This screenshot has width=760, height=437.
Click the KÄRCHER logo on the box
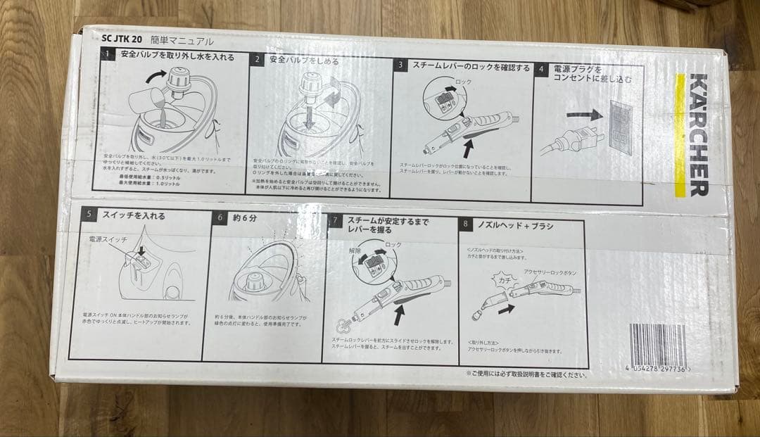(x=698, y=134)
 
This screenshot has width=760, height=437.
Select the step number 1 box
(x=107, y=54)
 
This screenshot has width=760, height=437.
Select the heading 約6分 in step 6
(x=246, y=217)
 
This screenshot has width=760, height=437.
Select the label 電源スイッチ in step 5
(x=108, y=240)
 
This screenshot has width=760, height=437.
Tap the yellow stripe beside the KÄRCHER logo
(x=680, y=134)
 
